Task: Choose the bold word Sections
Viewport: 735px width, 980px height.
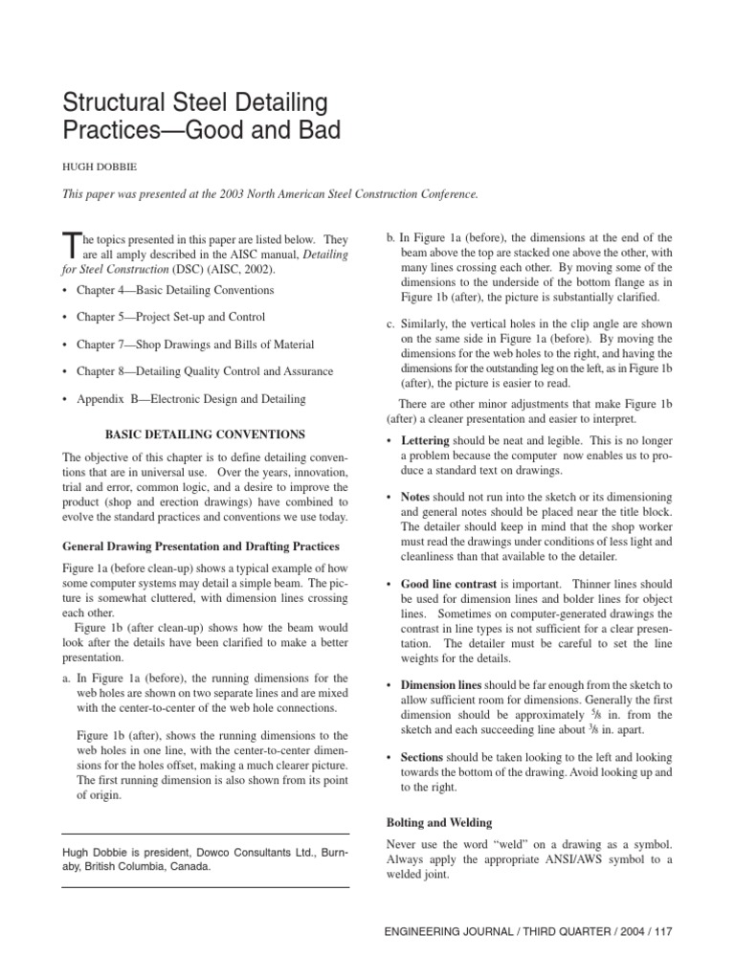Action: point(422,757)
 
